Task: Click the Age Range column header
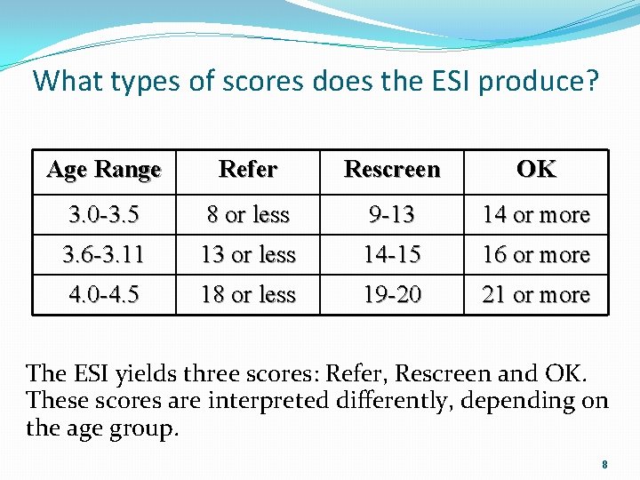tap(104, 169)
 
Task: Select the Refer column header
tap(248, 169)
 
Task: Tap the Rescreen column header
tap(392, 169)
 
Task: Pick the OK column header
tap(536, 169)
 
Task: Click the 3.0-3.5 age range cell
tap(104, 215)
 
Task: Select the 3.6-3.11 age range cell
tap(104, 255)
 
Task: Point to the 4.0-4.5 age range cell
tap(104, 294)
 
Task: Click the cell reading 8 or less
tap(248, 215)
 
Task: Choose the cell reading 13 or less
tap(248, 255)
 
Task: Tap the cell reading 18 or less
tap(248, 294)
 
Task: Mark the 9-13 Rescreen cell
tap(392, 215)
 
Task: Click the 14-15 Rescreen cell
tap(392, 255)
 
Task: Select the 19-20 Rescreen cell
tap(392, 294)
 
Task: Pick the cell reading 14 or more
tap(536, 215)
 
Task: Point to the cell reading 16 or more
tap(536, 255)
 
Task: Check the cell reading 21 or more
tap(536, 294)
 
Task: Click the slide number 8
tap(604, 465)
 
